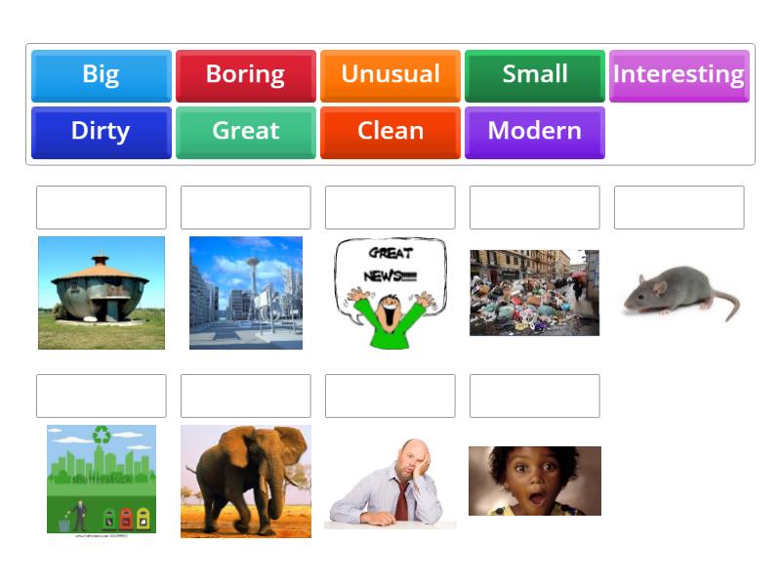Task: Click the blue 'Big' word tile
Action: [x=101, y=75]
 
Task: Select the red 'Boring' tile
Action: [x=245, y=75]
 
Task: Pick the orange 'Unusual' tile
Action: [x=390, y=75]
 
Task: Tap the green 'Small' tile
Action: [x=534, y=75]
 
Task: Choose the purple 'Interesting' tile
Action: [x=678, y=75]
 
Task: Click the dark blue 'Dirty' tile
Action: [x=101, y=132]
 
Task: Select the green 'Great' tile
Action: [x=245, y=132]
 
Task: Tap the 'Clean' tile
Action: [x=390, y=132]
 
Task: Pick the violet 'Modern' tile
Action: [x=534, y=132]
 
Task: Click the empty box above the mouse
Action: [x=678, y=207]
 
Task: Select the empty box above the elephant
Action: [x=245, y=396]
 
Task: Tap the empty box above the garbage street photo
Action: [x=534, y=207]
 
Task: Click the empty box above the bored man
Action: [x=390, y=396]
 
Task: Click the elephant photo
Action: [x=245, y=481]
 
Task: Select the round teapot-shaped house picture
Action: [x=101, y=292]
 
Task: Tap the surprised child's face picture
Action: [x=534, y=481]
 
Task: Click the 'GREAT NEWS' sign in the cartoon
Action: [x=390, y=264]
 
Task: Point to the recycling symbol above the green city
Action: [x=101, y=435]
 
